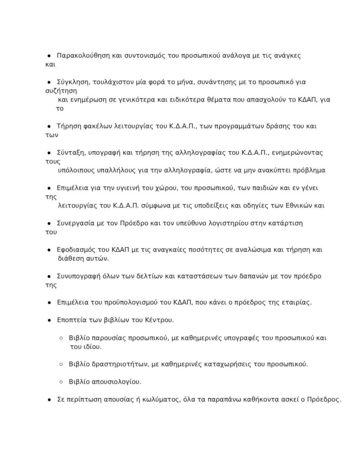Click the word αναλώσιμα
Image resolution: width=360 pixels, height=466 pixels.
[x=258, y=250]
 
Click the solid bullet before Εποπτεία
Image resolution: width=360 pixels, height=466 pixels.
[x=49, y=320]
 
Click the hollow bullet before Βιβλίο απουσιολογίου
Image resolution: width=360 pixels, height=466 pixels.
[x=61, y=382]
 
